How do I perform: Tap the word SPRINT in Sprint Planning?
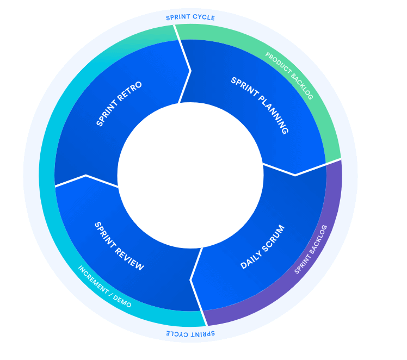[244, 89]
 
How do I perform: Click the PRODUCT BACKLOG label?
[289, 76]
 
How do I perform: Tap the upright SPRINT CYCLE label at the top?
[190, 17]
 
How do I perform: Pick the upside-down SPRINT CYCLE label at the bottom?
[190, 333]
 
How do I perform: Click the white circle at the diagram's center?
[190, 175]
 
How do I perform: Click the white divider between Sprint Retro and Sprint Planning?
[186, 71]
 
